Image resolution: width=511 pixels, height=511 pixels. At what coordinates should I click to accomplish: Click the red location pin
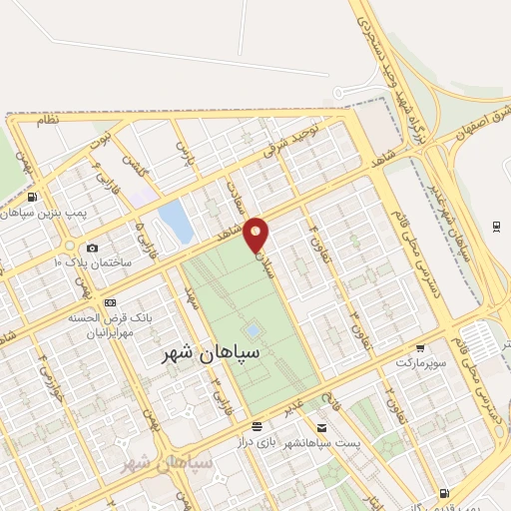click(x=258, y=234)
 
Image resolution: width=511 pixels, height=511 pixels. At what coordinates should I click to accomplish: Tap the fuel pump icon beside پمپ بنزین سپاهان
click(x=34, y=197)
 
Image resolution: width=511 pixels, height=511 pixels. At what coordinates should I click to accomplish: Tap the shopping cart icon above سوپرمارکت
click(x=420, y=349)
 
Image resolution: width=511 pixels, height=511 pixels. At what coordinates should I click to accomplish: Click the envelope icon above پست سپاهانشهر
click(x=319, y=400)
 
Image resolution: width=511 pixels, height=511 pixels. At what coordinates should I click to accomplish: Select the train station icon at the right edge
click(x=497, y=226)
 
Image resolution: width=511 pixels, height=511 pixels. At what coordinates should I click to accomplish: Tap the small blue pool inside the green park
click(x=253, y=330)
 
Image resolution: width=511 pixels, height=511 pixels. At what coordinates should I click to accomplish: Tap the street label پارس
click(x=182, y=151)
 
